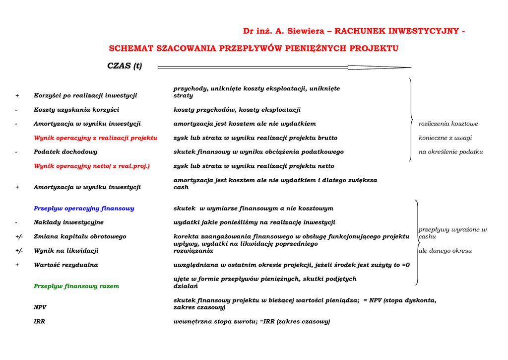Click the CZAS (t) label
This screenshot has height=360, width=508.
125,66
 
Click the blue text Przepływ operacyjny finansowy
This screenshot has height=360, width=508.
84,209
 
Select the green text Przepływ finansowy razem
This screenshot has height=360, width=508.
76,286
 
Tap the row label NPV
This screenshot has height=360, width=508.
40,307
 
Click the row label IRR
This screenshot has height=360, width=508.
39,322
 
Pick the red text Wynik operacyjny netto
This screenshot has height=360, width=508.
91,166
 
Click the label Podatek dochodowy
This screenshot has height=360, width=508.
65,152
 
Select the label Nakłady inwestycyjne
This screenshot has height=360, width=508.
68,222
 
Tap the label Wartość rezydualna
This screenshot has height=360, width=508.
66,265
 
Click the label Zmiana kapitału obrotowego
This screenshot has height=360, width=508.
80,237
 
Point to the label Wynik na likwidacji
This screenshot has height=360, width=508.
66,251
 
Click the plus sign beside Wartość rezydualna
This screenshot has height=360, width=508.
17,265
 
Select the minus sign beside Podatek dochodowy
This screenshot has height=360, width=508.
16,152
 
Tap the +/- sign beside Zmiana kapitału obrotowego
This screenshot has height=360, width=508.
19,237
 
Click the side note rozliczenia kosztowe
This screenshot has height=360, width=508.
448,124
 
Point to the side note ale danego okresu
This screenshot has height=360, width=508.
445,251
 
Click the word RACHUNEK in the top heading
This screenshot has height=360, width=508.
361,31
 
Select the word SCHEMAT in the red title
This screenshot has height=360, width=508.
131,49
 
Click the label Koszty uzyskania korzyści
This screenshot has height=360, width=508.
76,110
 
